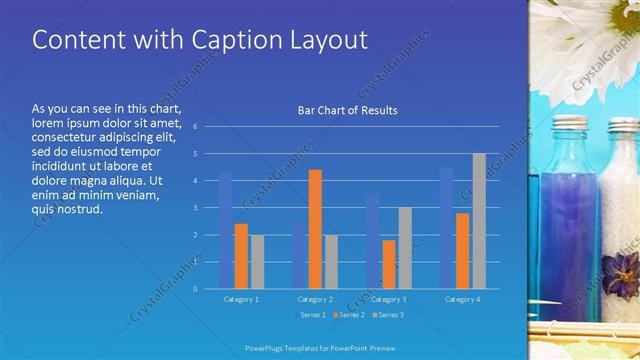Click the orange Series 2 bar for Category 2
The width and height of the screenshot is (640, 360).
315,229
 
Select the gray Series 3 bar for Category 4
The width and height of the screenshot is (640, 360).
479,221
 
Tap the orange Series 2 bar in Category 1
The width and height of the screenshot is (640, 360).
241,256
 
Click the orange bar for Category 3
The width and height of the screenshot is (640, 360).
389,264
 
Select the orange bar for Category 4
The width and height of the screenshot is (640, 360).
463,250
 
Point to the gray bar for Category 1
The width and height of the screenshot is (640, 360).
257,261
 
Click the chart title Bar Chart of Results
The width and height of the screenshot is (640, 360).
347,110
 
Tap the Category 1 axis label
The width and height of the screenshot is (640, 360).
241,299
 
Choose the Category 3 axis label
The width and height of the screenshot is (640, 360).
389,299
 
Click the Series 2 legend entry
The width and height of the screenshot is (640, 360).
349,315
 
